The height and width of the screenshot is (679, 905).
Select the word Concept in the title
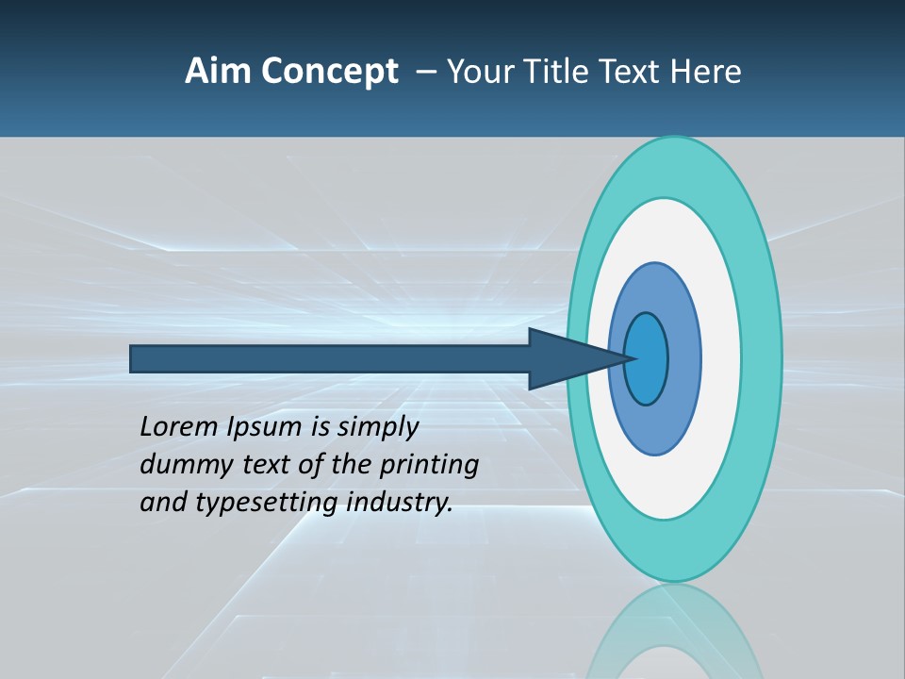(329, 72)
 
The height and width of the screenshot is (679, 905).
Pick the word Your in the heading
(489, 72)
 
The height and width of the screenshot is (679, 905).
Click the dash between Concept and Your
(425, 73)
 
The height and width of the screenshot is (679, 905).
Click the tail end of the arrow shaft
(135, 359)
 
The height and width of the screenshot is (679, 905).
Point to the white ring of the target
(721, 358)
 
